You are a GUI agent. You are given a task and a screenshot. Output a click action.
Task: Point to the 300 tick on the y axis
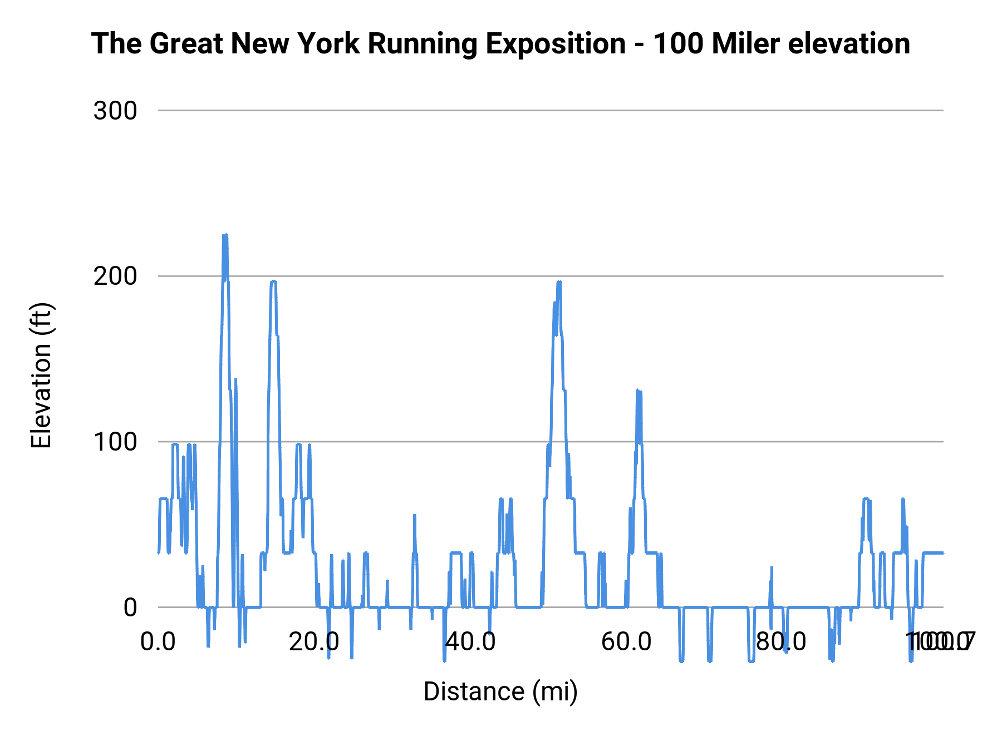pos(115,111)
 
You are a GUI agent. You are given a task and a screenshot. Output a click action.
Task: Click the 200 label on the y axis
pos(115,276)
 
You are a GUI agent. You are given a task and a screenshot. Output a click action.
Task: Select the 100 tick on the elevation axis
pos(115,442)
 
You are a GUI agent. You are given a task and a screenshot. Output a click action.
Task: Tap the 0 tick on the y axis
pos(130,607)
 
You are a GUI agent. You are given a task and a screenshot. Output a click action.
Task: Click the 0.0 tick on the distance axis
pos(158,642)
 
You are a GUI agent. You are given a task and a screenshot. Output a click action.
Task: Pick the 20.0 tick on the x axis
pos(314,642)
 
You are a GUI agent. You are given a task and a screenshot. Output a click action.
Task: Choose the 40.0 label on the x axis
pos(470,642)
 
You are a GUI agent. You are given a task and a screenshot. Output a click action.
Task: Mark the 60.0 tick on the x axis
pos(626,642)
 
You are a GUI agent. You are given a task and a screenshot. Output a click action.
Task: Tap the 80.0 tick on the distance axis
pos(782,642)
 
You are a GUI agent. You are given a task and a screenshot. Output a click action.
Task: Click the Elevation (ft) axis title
pos(41,375)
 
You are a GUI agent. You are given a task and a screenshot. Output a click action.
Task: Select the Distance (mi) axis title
pos(500,691)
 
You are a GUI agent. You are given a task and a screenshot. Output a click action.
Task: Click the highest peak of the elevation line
pos(225,235)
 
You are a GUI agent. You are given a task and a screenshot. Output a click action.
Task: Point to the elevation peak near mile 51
pos(559,282)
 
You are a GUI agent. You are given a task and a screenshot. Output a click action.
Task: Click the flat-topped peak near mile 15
pos(273,282)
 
